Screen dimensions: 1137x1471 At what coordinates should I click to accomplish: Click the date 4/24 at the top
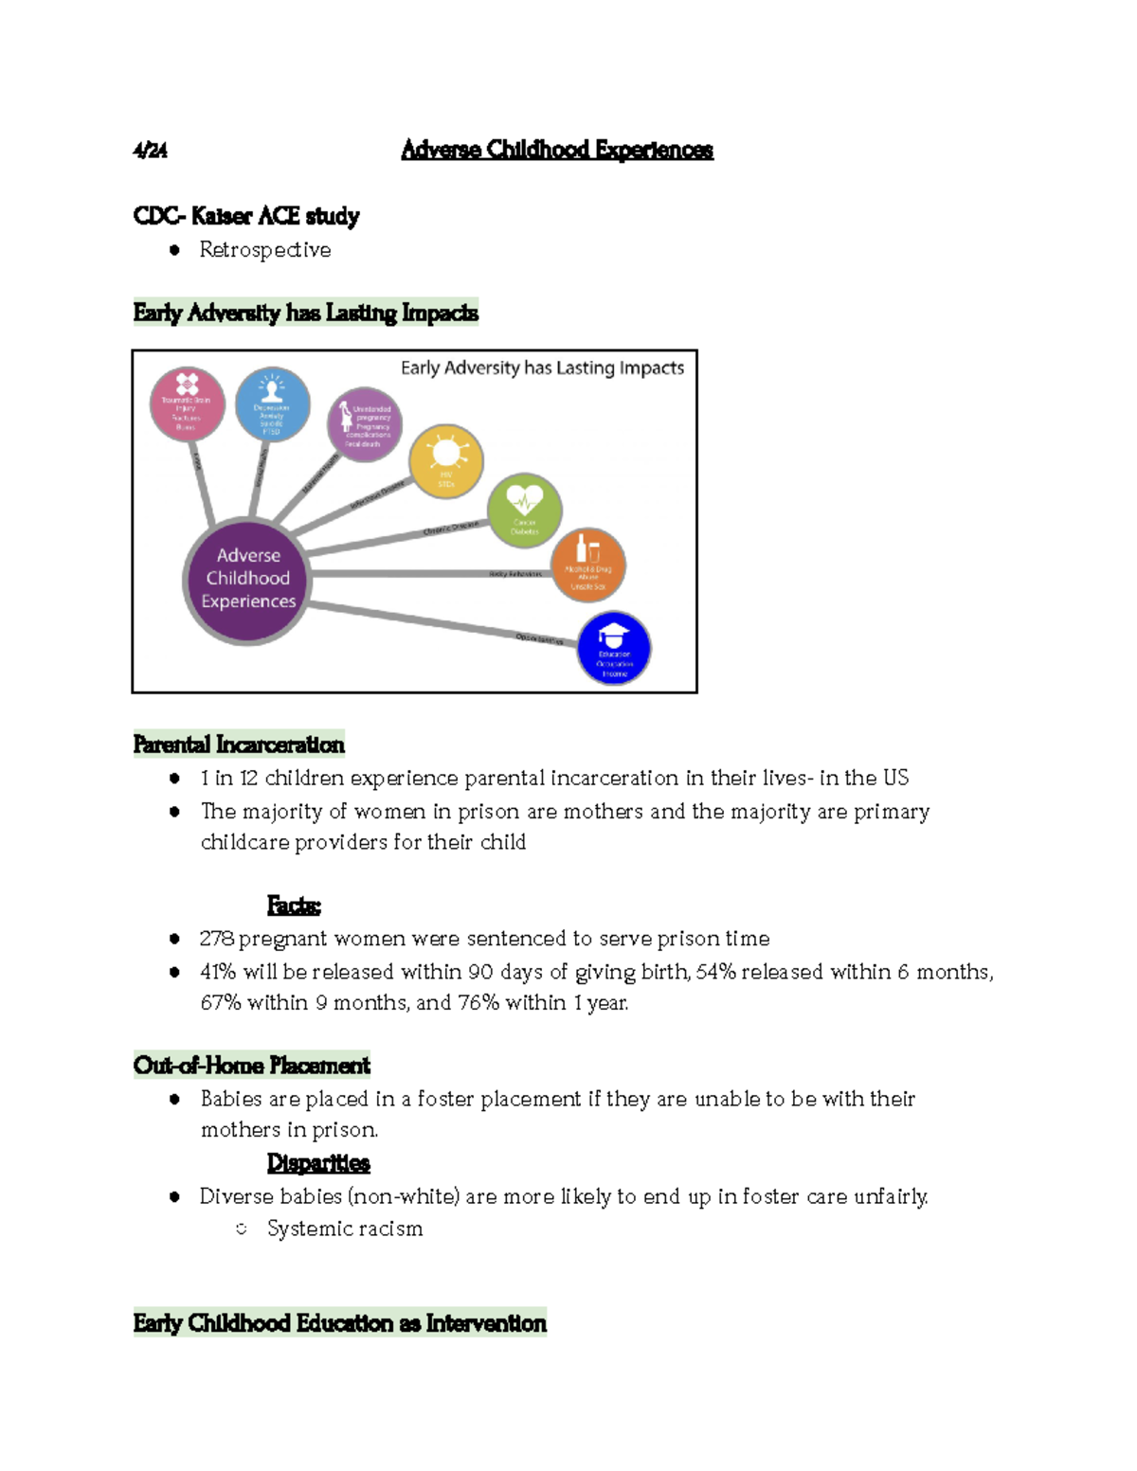150,151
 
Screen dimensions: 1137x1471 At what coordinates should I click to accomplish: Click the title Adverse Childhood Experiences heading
556,150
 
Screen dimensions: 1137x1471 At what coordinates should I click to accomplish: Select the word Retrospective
265,250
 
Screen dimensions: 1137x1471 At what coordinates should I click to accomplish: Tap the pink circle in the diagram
187,404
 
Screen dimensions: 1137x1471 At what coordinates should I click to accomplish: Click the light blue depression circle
272,404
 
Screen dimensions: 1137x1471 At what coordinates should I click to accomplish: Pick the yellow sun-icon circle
446,461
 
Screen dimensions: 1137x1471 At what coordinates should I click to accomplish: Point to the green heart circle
524,510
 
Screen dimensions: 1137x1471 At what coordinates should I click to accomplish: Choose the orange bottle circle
588,565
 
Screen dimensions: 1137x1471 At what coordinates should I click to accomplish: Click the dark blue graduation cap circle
614,648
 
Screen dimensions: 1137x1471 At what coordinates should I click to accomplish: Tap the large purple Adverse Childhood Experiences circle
247,580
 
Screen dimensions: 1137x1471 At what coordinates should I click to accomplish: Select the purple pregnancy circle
365,424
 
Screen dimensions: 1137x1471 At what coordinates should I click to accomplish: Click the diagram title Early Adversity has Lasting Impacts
542,368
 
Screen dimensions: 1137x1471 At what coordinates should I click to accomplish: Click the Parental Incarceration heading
239,744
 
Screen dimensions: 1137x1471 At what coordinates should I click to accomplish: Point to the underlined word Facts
294,906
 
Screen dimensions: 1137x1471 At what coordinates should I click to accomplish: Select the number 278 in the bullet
217,939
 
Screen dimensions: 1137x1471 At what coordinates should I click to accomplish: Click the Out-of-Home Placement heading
252,1066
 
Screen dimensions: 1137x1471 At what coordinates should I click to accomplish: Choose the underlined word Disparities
318,1162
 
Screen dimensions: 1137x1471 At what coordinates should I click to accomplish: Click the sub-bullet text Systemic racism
345,1229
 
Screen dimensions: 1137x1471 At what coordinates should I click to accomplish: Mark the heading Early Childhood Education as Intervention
340,1323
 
